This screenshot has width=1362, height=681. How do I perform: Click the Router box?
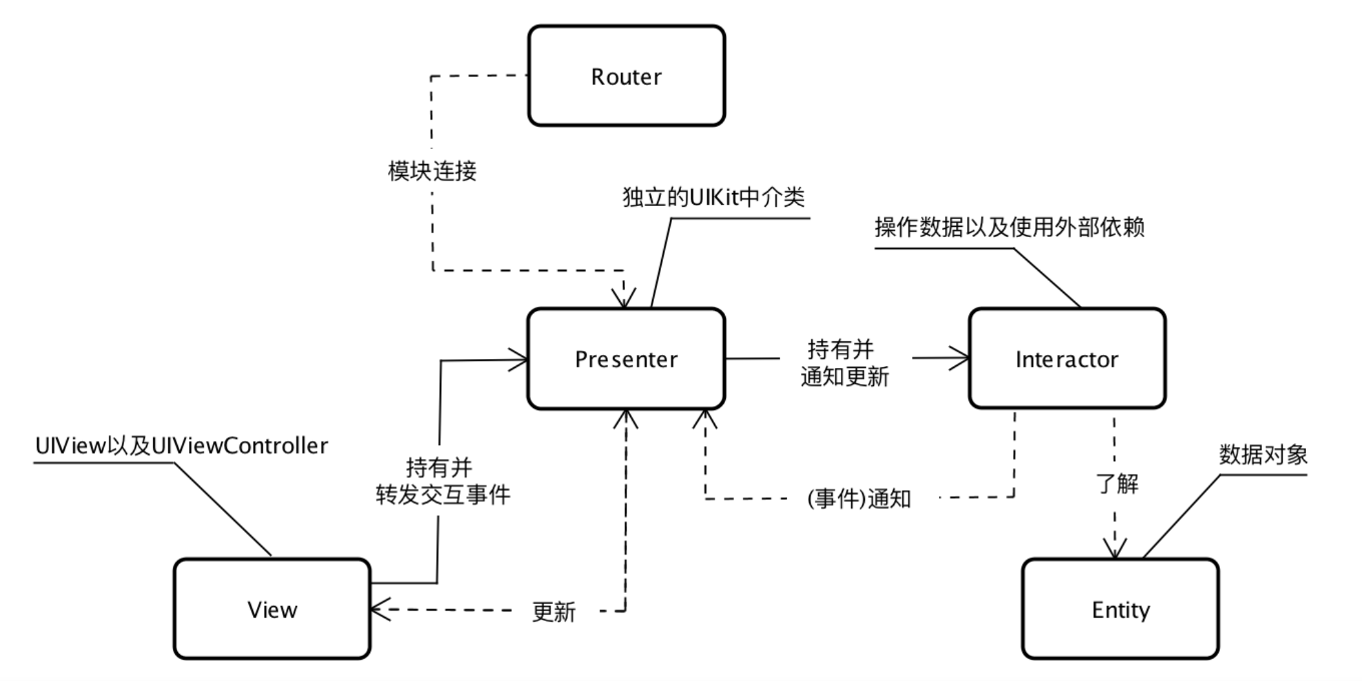[626, 76]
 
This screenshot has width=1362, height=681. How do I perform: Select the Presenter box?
[626, 358]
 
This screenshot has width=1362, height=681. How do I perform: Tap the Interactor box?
[1066, 358]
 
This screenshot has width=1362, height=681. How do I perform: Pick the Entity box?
[1120, 609]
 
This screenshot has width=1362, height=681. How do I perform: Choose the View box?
[272, 609]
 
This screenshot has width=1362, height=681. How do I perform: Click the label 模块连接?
[432, 171]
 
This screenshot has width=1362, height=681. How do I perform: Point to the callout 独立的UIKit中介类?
[713, 198]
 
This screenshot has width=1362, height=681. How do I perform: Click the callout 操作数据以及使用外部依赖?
[1009, 227]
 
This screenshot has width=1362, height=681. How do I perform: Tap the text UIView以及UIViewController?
[181, 446]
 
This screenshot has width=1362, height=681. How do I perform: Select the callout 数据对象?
[1263, 455]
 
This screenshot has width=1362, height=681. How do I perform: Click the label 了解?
[1117, 484]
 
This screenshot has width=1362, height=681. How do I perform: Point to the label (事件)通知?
[859, 498]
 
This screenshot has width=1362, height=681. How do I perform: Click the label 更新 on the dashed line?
[553, 611]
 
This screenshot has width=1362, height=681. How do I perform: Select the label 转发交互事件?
[443, 495]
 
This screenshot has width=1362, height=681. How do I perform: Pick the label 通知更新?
[844, 377]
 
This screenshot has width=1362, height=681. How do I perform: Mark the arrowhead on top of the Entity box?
[1115, 549]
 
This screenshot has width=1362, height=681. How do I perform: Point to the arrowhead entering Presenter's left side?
[519, 360]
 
